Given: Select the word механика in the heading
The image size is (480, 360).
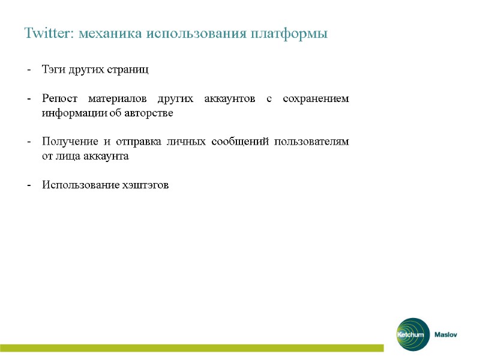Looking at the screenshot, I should [x=111, y=33].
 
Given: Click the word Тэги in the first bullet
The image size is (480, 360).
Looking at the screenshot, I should [x=52, y=69].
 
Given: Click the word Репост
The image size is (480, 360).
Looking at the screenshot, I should [x=59, y=98].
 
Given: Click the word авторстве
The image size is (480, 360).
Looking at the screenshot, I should [x=151, y=113].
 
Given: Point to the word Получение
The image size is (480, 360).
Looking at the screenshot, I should [x=66, y=142].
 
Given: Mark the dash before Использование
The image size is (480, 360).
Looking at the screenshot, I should [x=29, y=185].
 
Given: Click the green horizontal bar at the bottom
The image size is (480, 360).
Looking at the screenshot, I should [x=192, y=348].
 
